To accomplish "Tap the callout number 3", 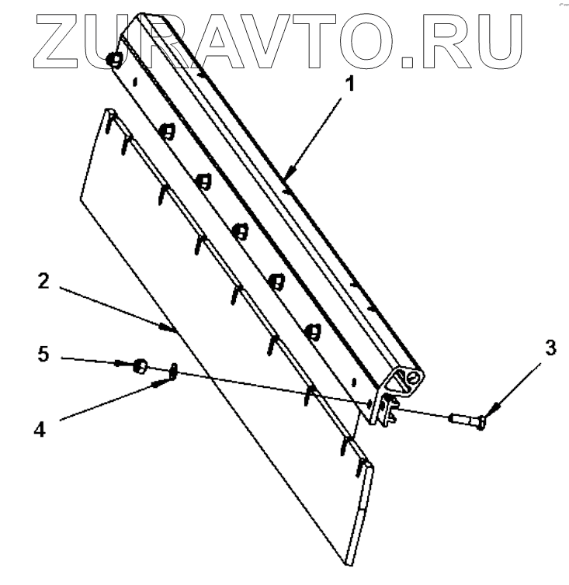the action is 550,348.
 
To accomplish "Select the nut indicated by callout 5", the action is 141,365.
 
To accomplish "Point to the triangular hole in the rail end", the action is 401,382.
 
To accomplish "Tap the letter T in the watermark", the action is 326,36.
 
